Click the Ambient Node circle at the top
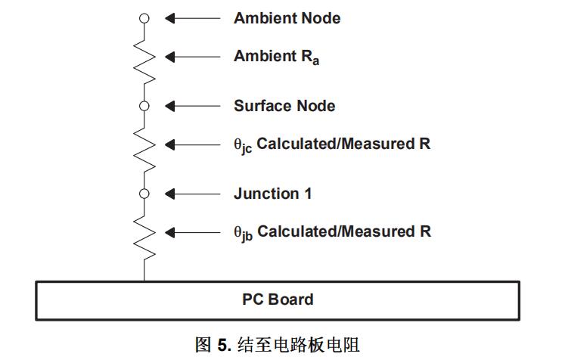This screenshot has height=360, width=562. coord(144,18)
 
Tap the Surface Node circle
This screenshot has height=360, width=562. coord(144,106)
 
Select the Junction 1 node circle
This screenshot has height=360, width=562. coord(144,194)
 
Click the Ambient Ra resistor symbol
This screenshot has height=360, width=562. coord(144,59)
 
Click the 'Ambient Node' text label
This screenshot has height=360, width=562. coord(287,18)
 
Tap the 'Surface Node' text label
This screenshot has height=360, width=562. coord(284,106)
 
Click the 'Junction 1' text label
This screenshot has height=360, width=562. coord(272,194)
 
